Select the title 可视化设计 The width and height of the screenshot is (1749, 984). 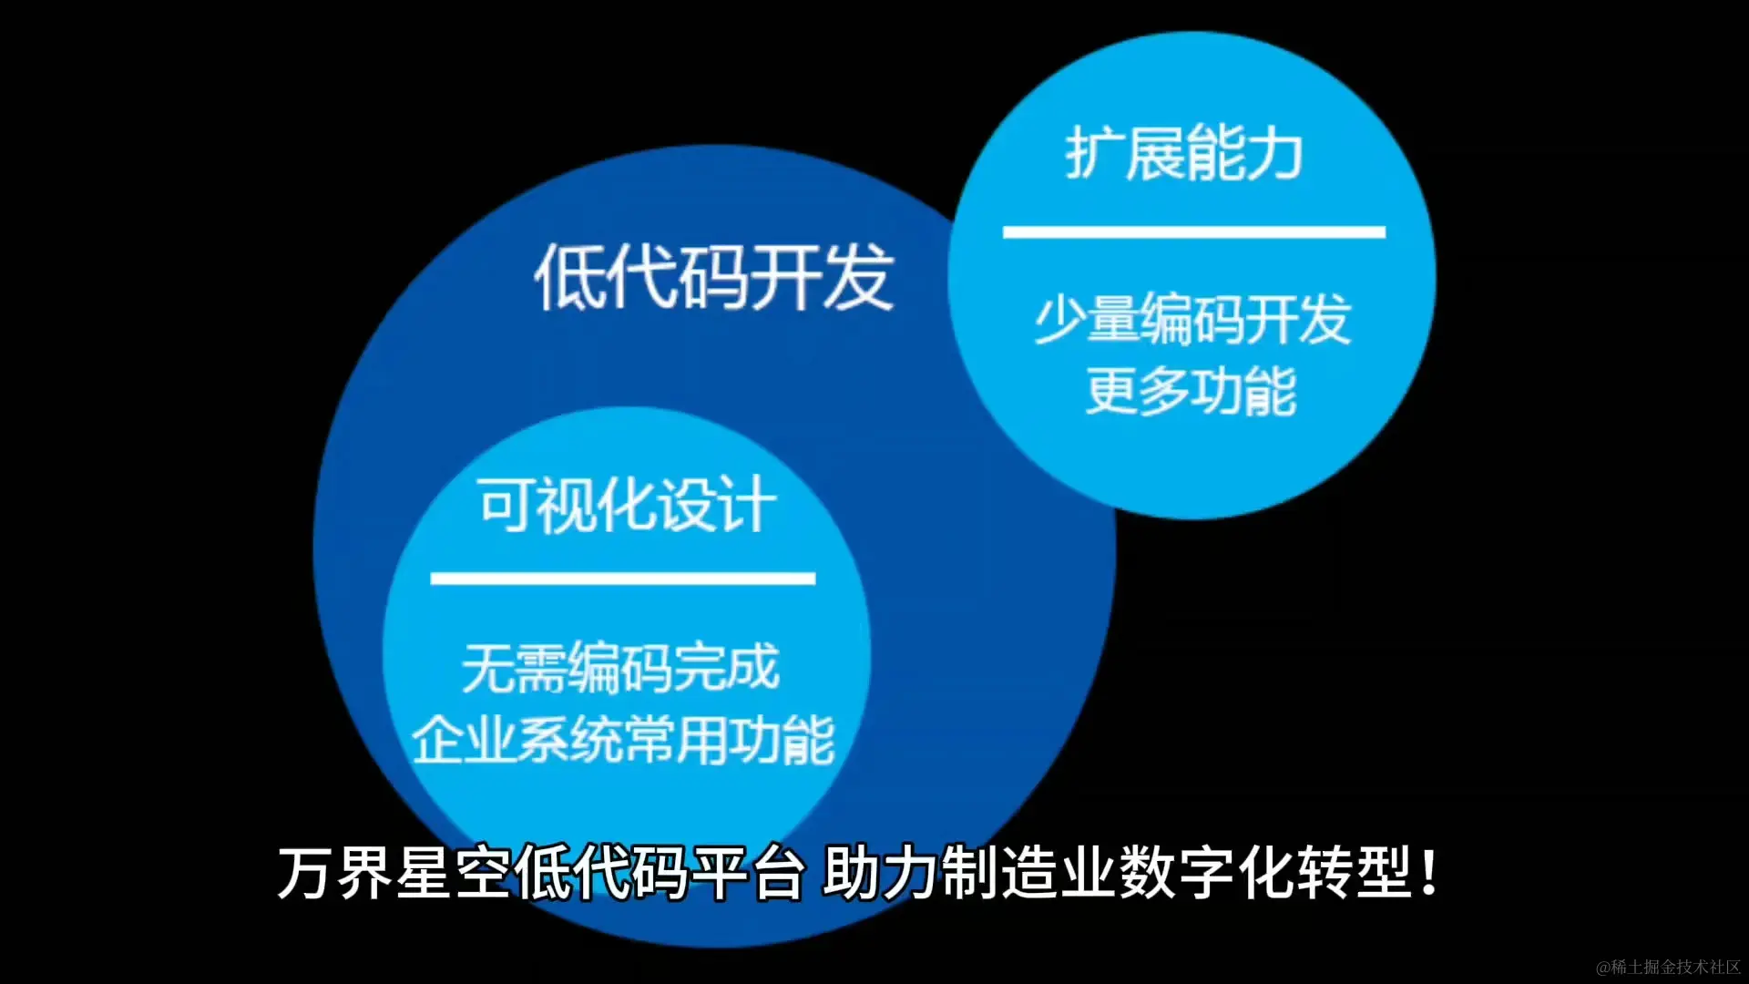(x=627, y=505)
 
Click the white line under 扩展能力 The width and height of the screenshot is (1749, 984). (x=1193, y=232)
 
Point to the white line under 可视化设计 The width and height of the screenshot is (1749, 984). (x=622, y=579)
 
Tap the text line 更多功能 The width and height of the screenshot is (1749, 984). (x=1191, y=392)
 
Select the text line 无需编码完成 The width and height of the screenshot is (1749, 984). (x=620, y=667)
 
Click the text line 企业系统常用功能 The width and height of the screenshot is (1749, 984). (x=623, y=740)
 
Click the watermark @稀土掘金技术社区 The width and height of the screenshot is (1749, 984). (x=1668, y=967)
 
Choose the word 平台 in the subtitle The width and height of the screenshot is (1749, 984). (x=748, y=873)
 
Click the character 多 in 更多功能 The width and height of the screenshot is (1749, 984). (x=1164, y=392)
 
